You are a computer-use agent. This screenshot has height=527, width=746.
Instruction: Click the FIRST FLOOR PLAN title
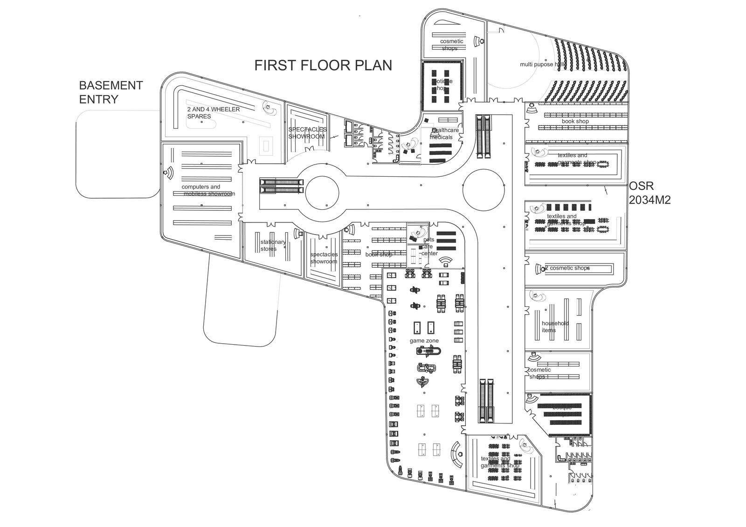(323, 65)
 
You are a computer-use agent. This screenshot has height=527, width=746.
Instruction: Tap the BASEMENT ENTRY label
(111, 92)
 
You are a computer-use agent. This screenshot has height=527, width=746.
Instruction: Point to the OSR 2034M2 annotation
(650, 193)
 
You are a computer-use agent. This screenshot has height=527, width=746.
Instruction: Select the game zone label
(424, 341)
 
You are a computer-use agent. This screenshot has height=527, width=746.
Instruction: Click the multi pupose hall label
(543, 64)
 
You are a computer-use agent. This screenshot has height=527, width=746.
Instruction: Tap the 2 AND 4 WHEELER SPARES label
(214, 113)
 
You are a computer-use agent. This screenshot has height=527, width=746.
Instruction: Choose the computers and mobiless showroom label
(208, 190)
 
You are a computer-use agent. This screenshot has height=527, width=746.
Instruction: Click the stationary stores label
(273, 245)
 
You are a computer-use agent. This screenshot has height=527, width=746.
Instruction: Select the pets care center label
(428, 247)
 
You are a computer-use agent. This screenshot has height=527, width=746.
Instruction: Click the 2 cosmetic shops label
(567, 268)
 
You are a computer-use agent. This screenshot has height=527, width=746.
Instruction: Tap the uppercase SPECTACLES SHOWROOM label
(307, 133)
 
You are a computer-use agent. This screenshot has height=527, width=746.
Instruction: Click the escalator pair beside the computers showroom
(281, 186)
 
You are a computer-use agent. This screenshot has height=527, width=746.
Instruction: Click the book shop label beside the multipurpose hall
(575, 121)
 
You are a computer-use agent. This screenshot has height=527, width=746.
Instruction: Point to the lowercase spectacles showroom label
(324, 258)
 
